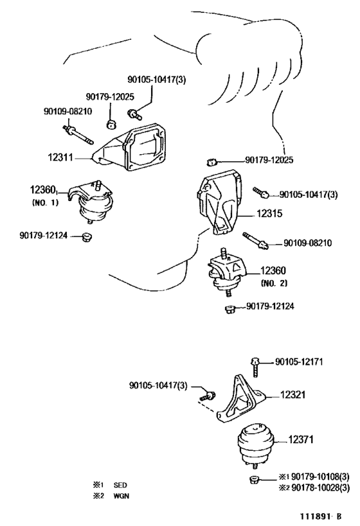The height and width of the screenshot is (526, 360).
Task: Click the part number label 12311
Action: pos(60,157)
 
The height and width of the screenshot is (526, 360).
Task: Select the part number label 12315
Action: pos(269,213)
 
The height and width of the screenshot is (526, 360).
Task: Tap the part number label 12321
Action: pos(293,394)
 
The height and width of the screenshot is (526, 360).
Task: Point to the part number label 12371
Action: pos(301,439)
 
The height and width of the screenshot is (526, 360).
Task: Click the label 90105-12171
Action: pos(299,362)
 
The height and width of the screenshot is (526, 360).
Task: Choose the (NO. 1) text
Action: pos(46,202)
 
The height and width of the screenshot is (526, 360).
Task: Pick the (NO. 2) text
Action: pos(274,283)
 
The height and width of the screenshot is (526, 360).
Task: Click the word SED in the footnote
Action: pos(120,485)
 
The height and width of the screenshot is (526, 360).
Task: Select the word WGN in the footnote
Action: pos(122,496)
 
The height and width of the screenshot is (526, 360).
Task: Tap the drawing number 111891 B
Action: pos(321,516)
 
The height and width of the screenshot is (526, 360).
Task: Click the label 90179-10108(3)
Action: pos(320,477)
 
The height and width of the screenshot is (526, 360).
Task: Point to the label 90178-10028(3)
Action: pos(320,487)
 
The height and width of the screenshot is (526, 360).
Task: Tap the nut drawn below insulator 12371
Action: pos(253,480)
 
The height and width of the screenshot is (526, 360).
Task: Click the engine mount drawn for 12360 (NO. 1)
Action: pos(90,201)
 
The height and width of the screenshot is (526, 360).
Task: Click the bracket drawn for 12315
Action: pos(219,203)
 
